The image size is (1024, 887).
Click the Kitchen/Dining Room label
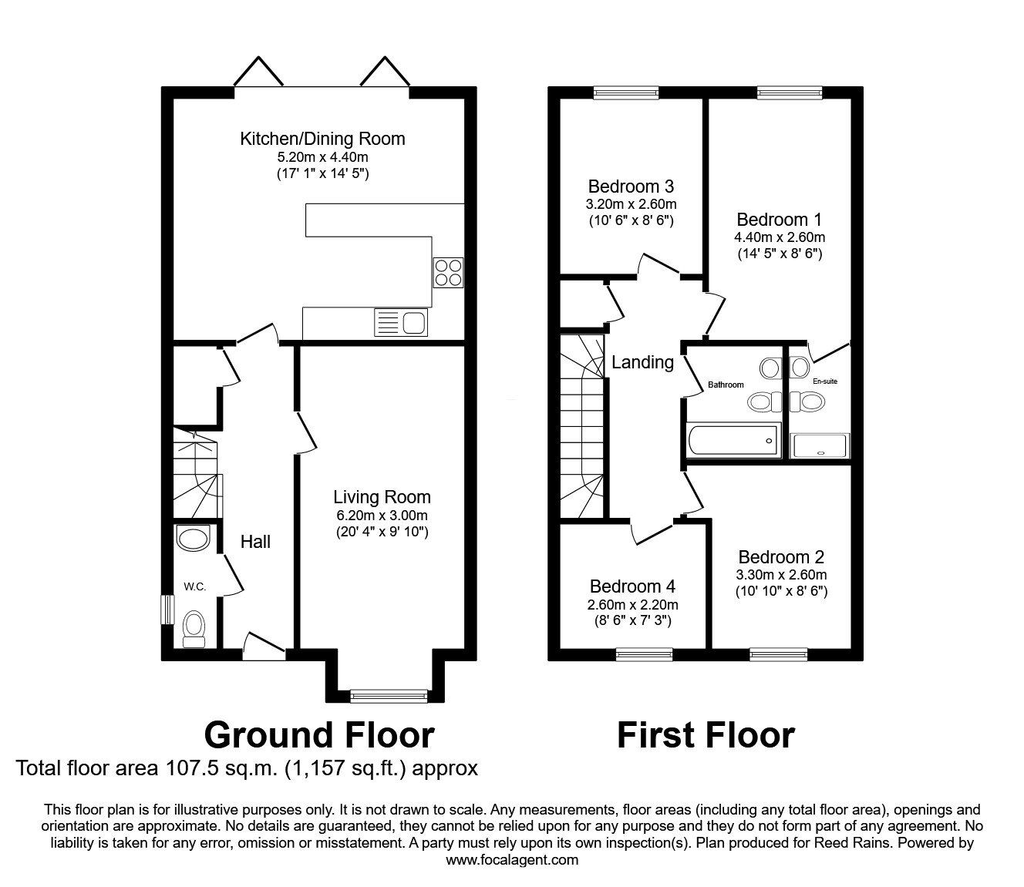pos(322,139)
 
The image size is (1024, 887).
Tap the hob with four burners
pos(448,272)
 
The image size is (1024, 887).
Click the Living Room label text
pos(382,497)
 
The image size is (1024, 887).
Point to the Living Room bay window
pos(389,695)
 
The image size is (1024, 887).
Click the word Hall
pos(255,542)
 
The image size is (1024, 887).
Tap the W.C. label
pos(194,586)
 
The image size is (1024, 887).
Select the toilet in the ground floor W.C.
pos(194,627)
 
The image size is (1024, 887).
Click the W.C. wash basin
pos(193,538)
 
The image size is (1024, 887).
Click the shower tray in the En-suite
pos(820,446)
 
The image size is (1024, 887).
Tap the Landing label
pos(642,362)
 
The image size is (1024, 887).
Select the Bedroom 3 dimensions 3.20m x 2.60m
pos(631,204)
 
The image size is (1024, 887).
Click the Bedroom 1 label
pos(779,220)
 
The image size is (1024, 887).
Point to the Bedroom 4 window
pos(645,654)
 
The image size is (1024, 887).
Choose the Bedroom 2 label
pos(781,557)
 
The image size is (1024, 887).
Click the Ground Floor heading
pos(318,735)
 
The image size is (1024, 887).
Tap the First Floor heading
pos(705,735)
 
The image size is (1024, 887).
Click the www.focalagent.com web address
pos(512,860)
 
